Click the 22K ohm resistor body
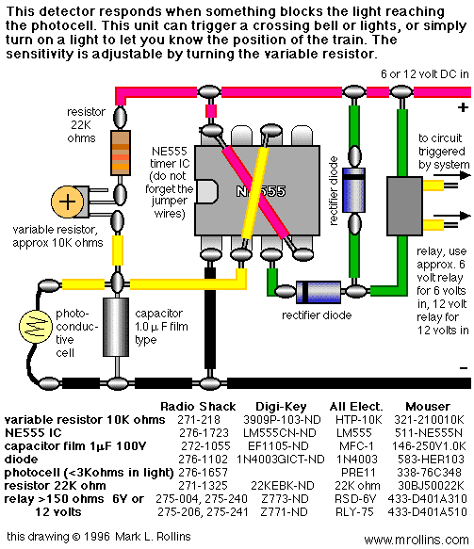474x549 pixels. pyautogui.click(x=121, y=153)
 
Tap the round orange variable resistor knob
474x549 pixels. pyautogui.click(x=68, y=202)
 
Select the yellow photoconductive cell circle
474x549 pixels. pyautogui.click(x=36, y=326)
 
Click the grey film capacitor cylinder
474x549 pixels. pyautogui.click(x=116, y=327)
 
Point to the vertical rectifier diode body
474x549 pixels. pyautogui.click(x=353, y=190)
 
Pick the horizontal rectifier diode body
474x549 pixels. pyautogui.click(x=319, y=291)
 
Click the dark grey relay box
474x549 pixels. pyautogui.click(x=404, y=206)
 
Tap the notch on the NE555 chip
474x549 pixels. pyautogui.click(x=206, y=191)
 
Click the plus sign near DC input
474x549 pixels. pyautogui.click(x=463, y=107)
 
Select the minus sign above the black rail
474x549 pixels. pyautogui.click(x=464, y=367)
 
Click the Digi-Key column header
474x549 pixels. pyautogui.click(x=281, y=407)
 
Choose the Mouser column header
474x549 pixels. pyautogui.click(x=428, y=407)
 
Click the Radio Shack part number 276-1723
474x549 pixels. pyautogui.click(x=204, y=433)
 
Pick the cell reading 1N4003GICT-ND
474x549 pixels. pyautogui.click(x=281, y=459)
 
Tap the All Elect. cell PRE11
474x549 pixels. pyautogui.click(x=358, y=473)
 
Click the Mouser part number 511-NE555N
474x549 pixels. pyautogui.click(x=429, y=433)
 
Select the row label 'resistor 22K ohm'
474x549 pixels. pyautogui.click(x=55, y=486)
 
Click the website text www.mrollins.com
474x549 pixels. pyautogui.click(x=417, y=540)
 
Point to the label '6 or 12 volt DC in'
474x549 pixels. pyautogui.click(x=425, y=74)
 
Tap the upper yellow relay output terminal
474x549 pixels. pyautogui.click(x=433, y=185)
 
